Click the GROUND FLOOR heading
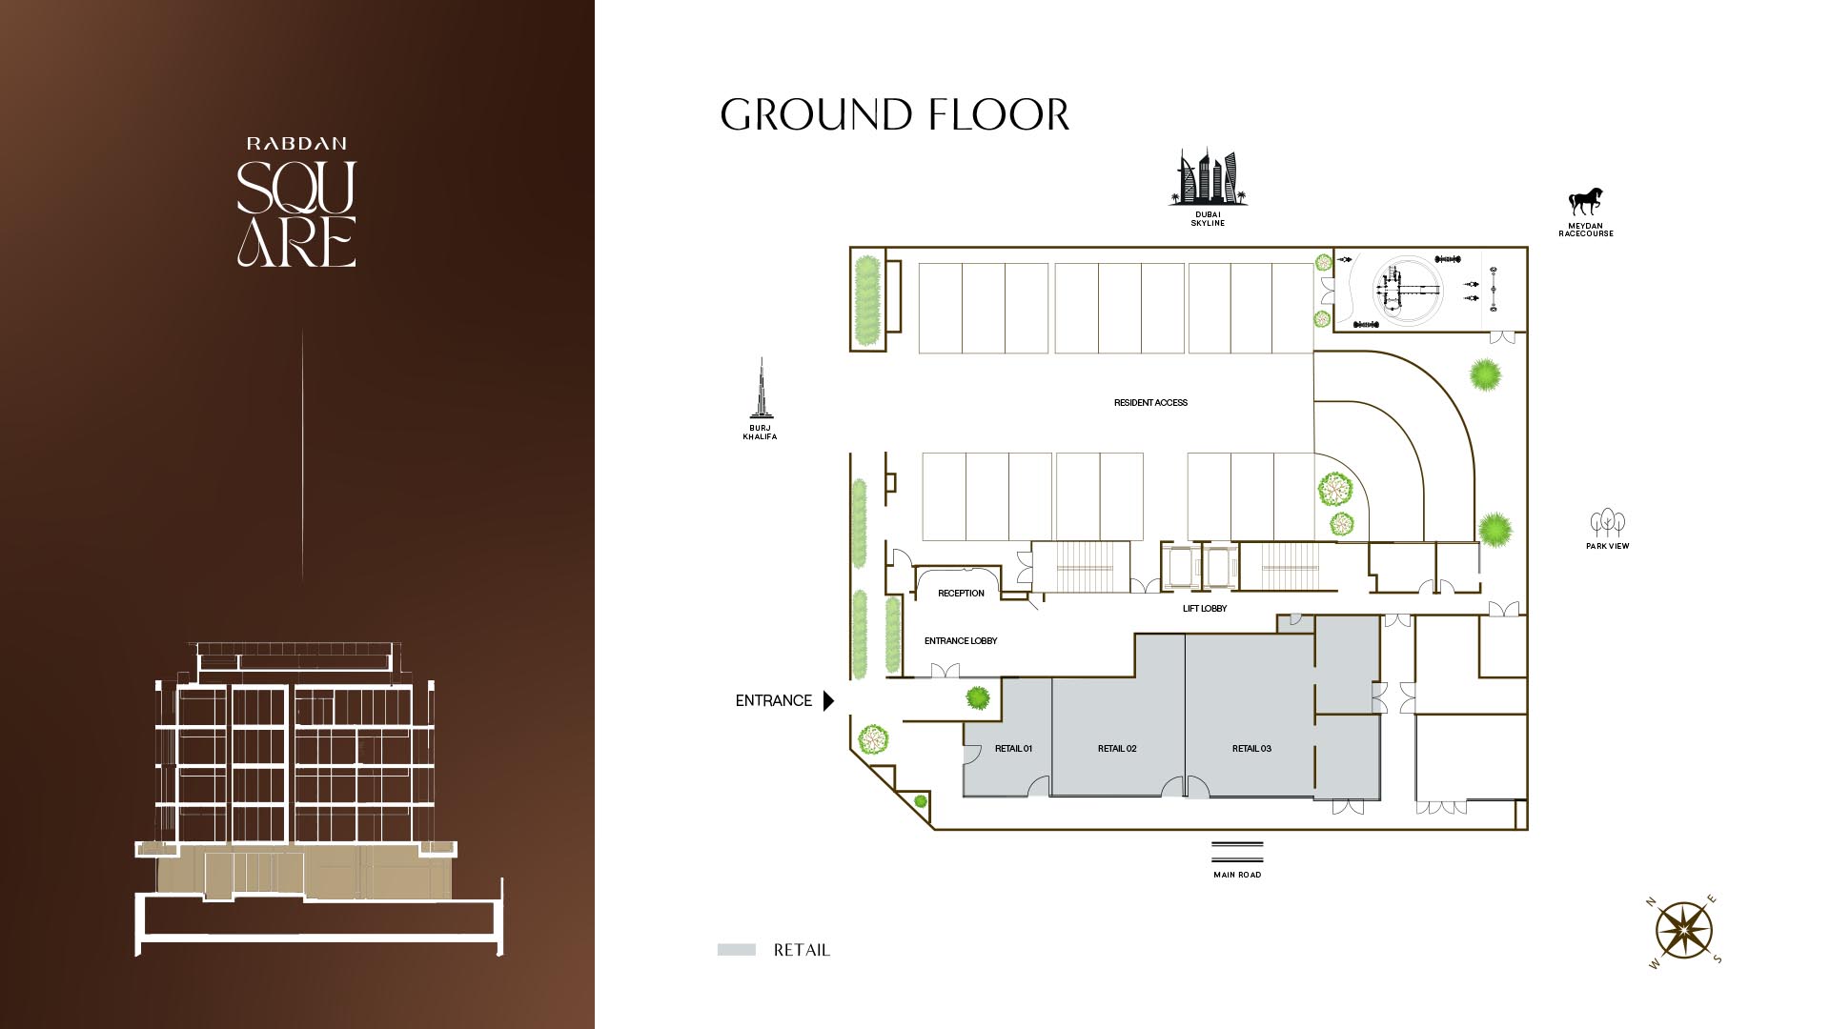(894, 114)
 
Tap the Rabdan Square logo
(296, 202)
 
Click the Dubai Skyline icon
(1208, 177)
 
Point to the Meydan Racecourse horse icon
(1586, 201)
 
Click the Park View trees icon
(1608, 522)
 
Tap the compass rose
(1684, 931)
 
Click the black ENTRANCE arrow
(828, 700)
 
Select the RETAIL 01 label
(1013, 749)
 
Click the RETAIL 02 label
(1117, 749)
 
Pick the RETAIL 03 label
(1251, 749)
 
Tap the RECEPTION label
(961, 594)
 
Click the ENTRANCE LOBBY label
(961, 641)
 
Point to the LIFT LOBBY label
(1205, 609)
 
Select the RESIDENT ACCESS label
(1150, 403)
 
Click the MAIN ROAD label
(1237, 875)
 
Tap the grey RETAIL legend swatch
(737, 950)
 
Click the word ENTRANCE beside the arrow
(773, 700)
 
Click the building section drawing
(319, 798)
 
